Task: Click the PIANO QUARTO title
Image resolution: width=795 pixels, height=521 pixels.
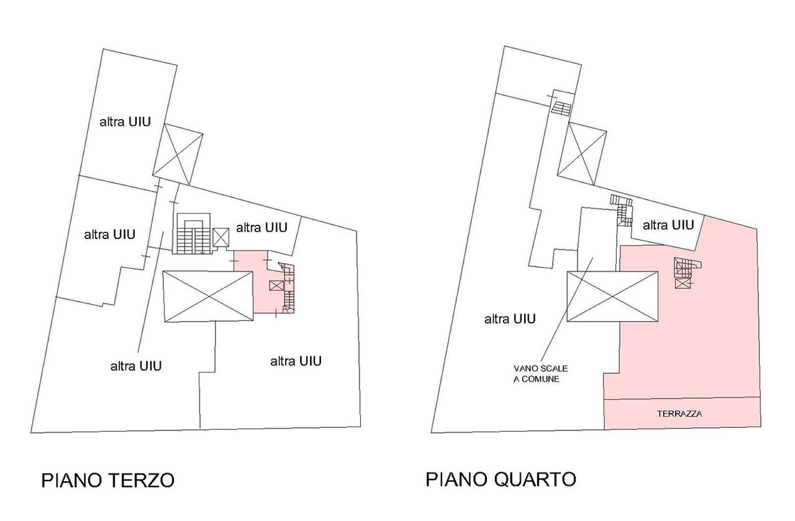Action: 501,480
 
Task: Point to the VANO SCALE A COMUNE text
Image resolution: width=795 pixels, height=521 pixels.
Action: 536,373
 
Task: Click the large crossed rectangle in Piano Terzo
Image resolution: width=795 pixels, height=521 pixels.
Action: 207,296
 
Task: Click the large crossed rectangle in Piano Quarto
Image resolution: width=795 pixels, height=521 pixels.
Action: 612,296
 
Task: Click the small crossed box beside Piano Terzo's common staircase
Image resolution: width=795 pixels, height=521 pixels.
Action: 221,237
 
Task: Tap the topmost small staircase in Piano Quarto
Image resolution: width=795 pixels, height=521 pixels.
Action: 561,107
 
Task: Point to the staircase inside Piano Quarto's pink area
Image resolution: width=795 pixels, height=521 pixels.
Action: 687,267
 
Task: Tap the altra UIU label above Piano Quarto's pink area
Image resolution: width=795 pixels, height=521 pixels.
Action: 668,225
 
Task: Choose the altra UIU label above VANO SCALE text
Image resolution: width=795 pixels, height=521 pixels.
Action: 510,319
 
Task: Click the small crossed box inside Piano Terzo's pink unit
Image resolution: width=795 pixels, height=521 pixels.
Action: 276,286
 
